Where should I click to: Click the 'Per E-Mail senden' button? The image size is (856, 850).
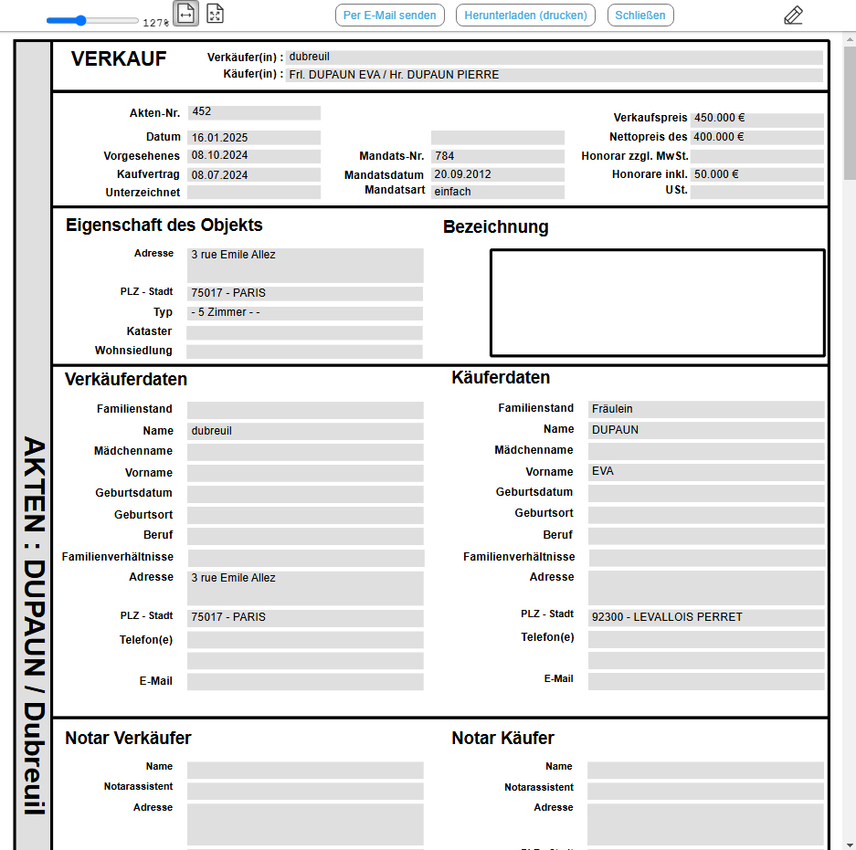390,16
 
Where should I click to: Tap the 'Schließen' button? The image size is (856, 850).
640,16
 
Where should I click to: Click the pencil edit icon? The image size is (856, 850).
793,16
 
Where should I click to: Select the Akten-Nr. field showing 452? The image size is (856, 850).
254,112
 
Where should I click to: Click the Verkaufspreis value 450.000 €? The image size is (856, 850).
756,119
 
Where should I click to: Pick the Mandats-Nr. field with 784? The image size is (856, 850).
497,156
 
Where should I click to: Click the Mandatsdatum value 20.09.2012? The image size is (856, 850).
497,174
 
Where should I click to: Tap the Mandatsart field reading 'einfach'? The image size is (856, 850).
497,193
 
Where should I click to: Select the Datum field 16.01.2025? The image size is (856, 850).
254,138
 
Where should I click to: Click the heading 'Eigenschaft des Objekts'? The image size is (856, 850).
164,226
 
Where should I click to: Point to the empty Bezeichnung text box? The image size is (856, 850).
657,302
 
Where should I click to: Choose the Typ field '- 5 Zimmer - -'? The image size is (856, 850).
304,313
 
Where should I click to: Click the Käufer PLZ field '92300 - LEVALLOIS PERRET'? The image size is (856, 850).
706,617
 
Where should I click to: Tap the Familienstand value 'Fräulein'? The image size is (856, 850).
706,409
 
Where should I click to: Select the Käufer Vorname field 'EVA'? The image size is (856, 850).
706,472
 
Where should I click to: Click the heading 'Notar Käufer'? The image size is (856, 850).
502,739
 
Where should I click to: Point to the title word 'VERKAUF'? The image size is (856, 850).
119,60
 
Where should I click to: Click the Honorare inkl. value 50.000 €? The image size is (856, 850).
756,174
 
